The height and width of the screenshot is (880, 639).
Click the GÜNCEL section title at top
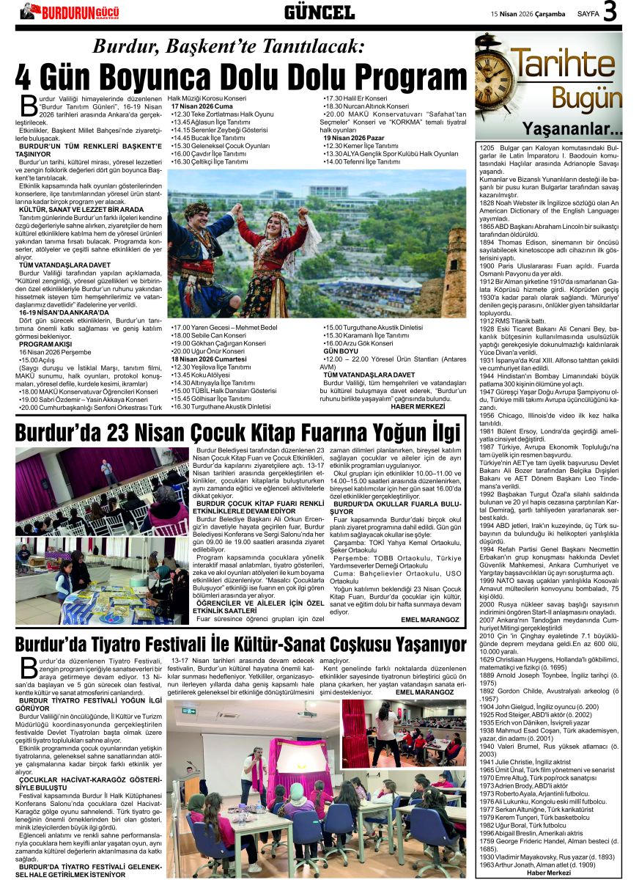[319, 12]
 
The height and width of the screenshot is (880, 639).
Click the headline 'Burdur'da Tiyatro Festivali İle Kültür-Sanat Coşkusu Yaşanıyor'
[241, 645]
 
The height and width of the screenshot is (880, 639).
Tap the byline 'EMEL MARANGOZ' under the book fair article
[430, 619]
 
